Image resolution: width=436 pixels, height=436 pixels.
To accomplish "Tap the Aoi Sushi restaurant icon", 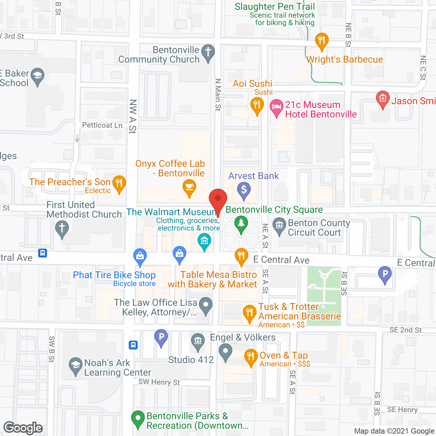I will click(x=257, y=105).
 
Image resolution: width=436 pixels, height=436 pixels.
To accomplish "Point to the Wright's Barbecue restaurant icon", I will click(x=322, y=41).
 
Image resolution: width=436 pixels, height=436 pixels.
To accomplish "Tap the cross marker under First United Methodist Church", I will click(x=62, y=229).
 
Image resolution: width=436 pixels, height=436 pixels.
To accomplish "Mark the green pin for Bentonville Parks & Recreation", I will click(x=138, y=419).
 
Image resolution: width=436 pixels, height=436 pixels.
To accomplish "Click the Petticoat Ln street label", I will click(x=102, y=125).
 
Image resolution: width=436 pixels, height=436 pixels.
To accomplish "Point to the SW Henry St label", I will click(x=159, y=382).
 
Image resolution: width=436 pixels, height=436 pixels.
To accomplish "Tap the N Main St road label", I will click(x=218, y=95).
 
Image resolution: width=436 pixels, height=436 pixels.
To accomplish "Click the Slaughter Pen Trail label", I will click(x=275, y=7).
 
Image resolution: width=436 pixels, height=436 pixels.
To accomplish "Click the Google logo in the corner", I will click(x=23, y=428).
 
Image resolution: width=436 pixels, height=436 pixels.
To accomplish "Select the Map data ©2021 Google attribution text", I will click(x=394, y=431).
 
